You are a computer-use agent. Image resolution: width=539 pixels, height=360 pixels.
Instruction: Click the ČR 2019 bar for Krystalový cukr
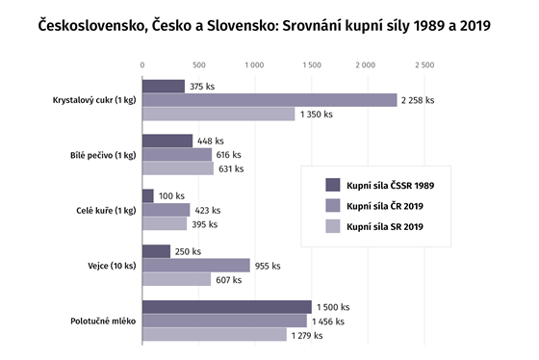pyautogui.click(x=269, y=100)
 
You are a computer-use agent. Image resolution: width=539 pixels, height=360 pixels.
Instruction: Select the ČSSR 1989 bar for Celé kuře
pyautogui.click(x=148, y=196)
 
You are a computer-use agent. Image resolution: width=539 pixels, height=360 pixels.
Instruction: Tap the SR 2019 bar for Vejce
pyautogui.click(x=176, y=279)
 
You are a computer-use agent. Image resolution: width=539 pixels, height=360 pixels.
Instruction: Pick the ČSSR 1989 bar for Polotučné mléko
pyautogui.click(x=227, y=307)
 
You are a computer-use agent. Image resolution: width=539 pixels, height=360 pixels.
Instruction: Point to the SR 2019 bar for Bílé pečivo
pyautogui.click(x=178, y=168)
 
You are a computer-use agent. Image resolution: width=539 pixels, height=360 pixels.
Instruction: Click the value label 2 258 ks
pyautogui.click(x=418, y=100)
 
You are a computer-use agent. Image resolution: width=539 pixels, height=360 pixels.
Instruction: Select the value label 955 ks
pyautogui.click(x=267, y=266)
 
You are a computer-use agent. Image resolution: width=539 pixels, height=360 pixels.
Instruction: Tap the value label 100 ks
pyautogui.click(x=171, y=196)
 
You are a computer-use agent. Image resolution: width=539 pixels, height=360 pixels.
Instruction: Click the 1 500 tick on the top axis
pyautogui.click(x=312, y=65)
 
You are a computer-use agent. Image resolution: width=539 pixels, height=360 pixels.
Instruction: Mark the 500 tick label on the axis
pyautogui.click(x=199, y=65)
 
